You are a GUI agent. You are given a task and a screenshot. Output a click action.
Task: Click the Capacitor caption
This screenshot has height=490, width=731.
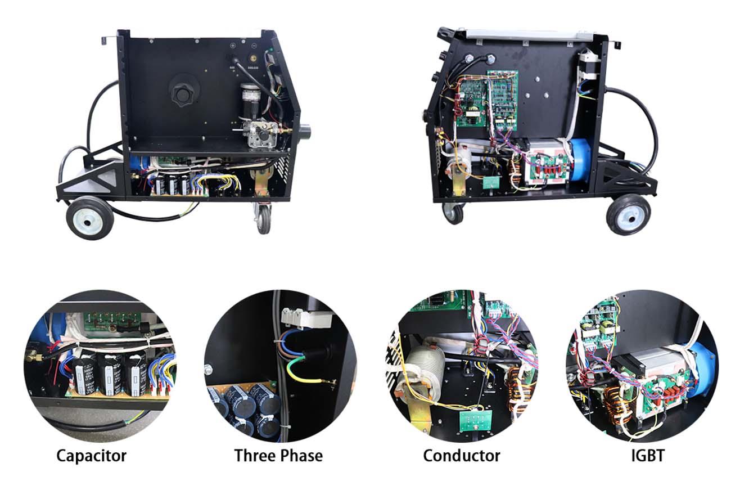click(x=91, y=456)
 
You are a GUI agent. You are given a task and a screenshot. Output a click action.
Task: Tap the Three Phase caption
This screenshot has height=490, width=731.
click(x=278, y=455)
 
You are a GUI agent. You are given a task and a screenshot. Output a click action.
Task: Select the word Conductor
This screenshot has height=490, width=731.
click(x=462, y=456)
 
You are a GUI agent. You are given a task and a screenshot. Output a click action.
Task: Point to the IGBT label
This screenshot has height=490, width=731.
click(x=648, y=456)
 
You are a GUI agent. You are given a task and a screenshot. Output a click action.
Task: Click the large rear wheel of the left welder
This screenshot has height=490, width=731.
click(x=89, y=218)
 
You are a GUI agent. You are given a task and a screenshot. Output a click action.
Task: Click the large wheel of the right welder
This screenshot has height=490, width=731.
click(x=628, y=215)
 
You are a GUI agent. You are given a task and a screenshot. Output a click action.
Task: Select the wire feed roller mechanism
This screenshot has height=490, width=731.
click(x=263, y=133)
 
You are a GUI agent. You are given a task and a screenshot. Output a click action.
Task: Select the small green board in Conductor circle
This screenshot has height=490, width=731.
click(x=475, y=421)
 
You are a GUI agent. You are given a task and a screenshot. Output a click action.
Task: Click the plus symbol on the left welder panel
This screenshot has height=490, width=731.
click(x=233, y=46)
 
